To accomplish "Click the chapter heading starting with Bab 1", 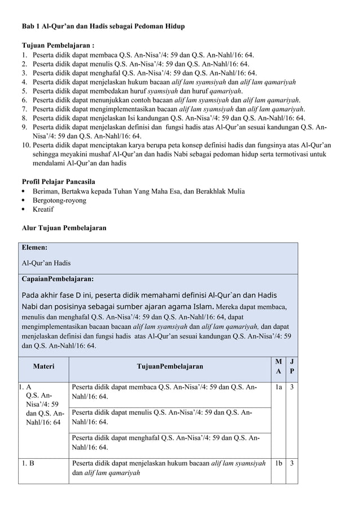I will [103, 27].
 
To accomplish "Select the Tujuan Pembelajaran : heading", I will [58, 45].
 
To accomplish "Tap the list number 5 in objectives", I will [25, 91].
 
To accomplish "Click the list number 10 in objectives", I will [27, 146].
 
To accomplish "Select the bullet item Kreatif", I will [43, 209].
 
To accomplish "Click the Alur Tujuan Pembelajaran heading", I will [63, 228].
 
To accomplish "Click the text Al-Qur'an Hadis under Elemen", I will [46, 263].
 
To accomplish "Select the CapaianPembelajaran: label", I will [58, 279].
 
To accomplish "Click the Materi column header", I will [43, 366].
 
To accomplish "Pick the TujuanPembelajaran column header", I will [170, 366].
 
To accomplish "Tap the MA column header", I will [278, 366].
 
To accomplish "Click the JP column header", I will [291, 366].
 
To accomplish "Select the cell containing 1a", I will [278, 388].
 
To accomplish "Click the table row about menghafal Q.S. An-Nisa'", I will [169, 442].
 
